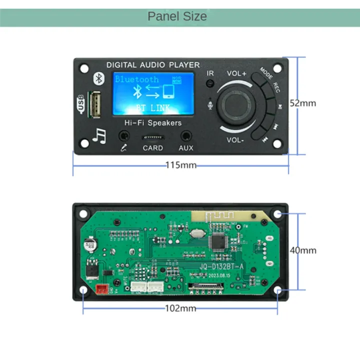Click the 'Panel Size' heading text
click(177, 16)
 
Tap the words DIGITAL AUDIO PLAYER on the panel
click(153, 65)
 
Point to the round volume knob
click(237, 105)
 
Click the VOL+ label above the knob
click(236, 73)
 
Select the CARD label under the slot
click(152, 148)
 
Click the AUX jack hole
click(186, 135)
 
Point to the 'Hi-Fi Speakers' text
click(153, 122)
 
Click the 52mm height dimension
click(303, 103)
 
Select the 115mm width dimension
click(180, 165)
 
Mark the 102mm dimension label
click(180, 308)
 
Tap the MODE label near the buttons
click(266, 74)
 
